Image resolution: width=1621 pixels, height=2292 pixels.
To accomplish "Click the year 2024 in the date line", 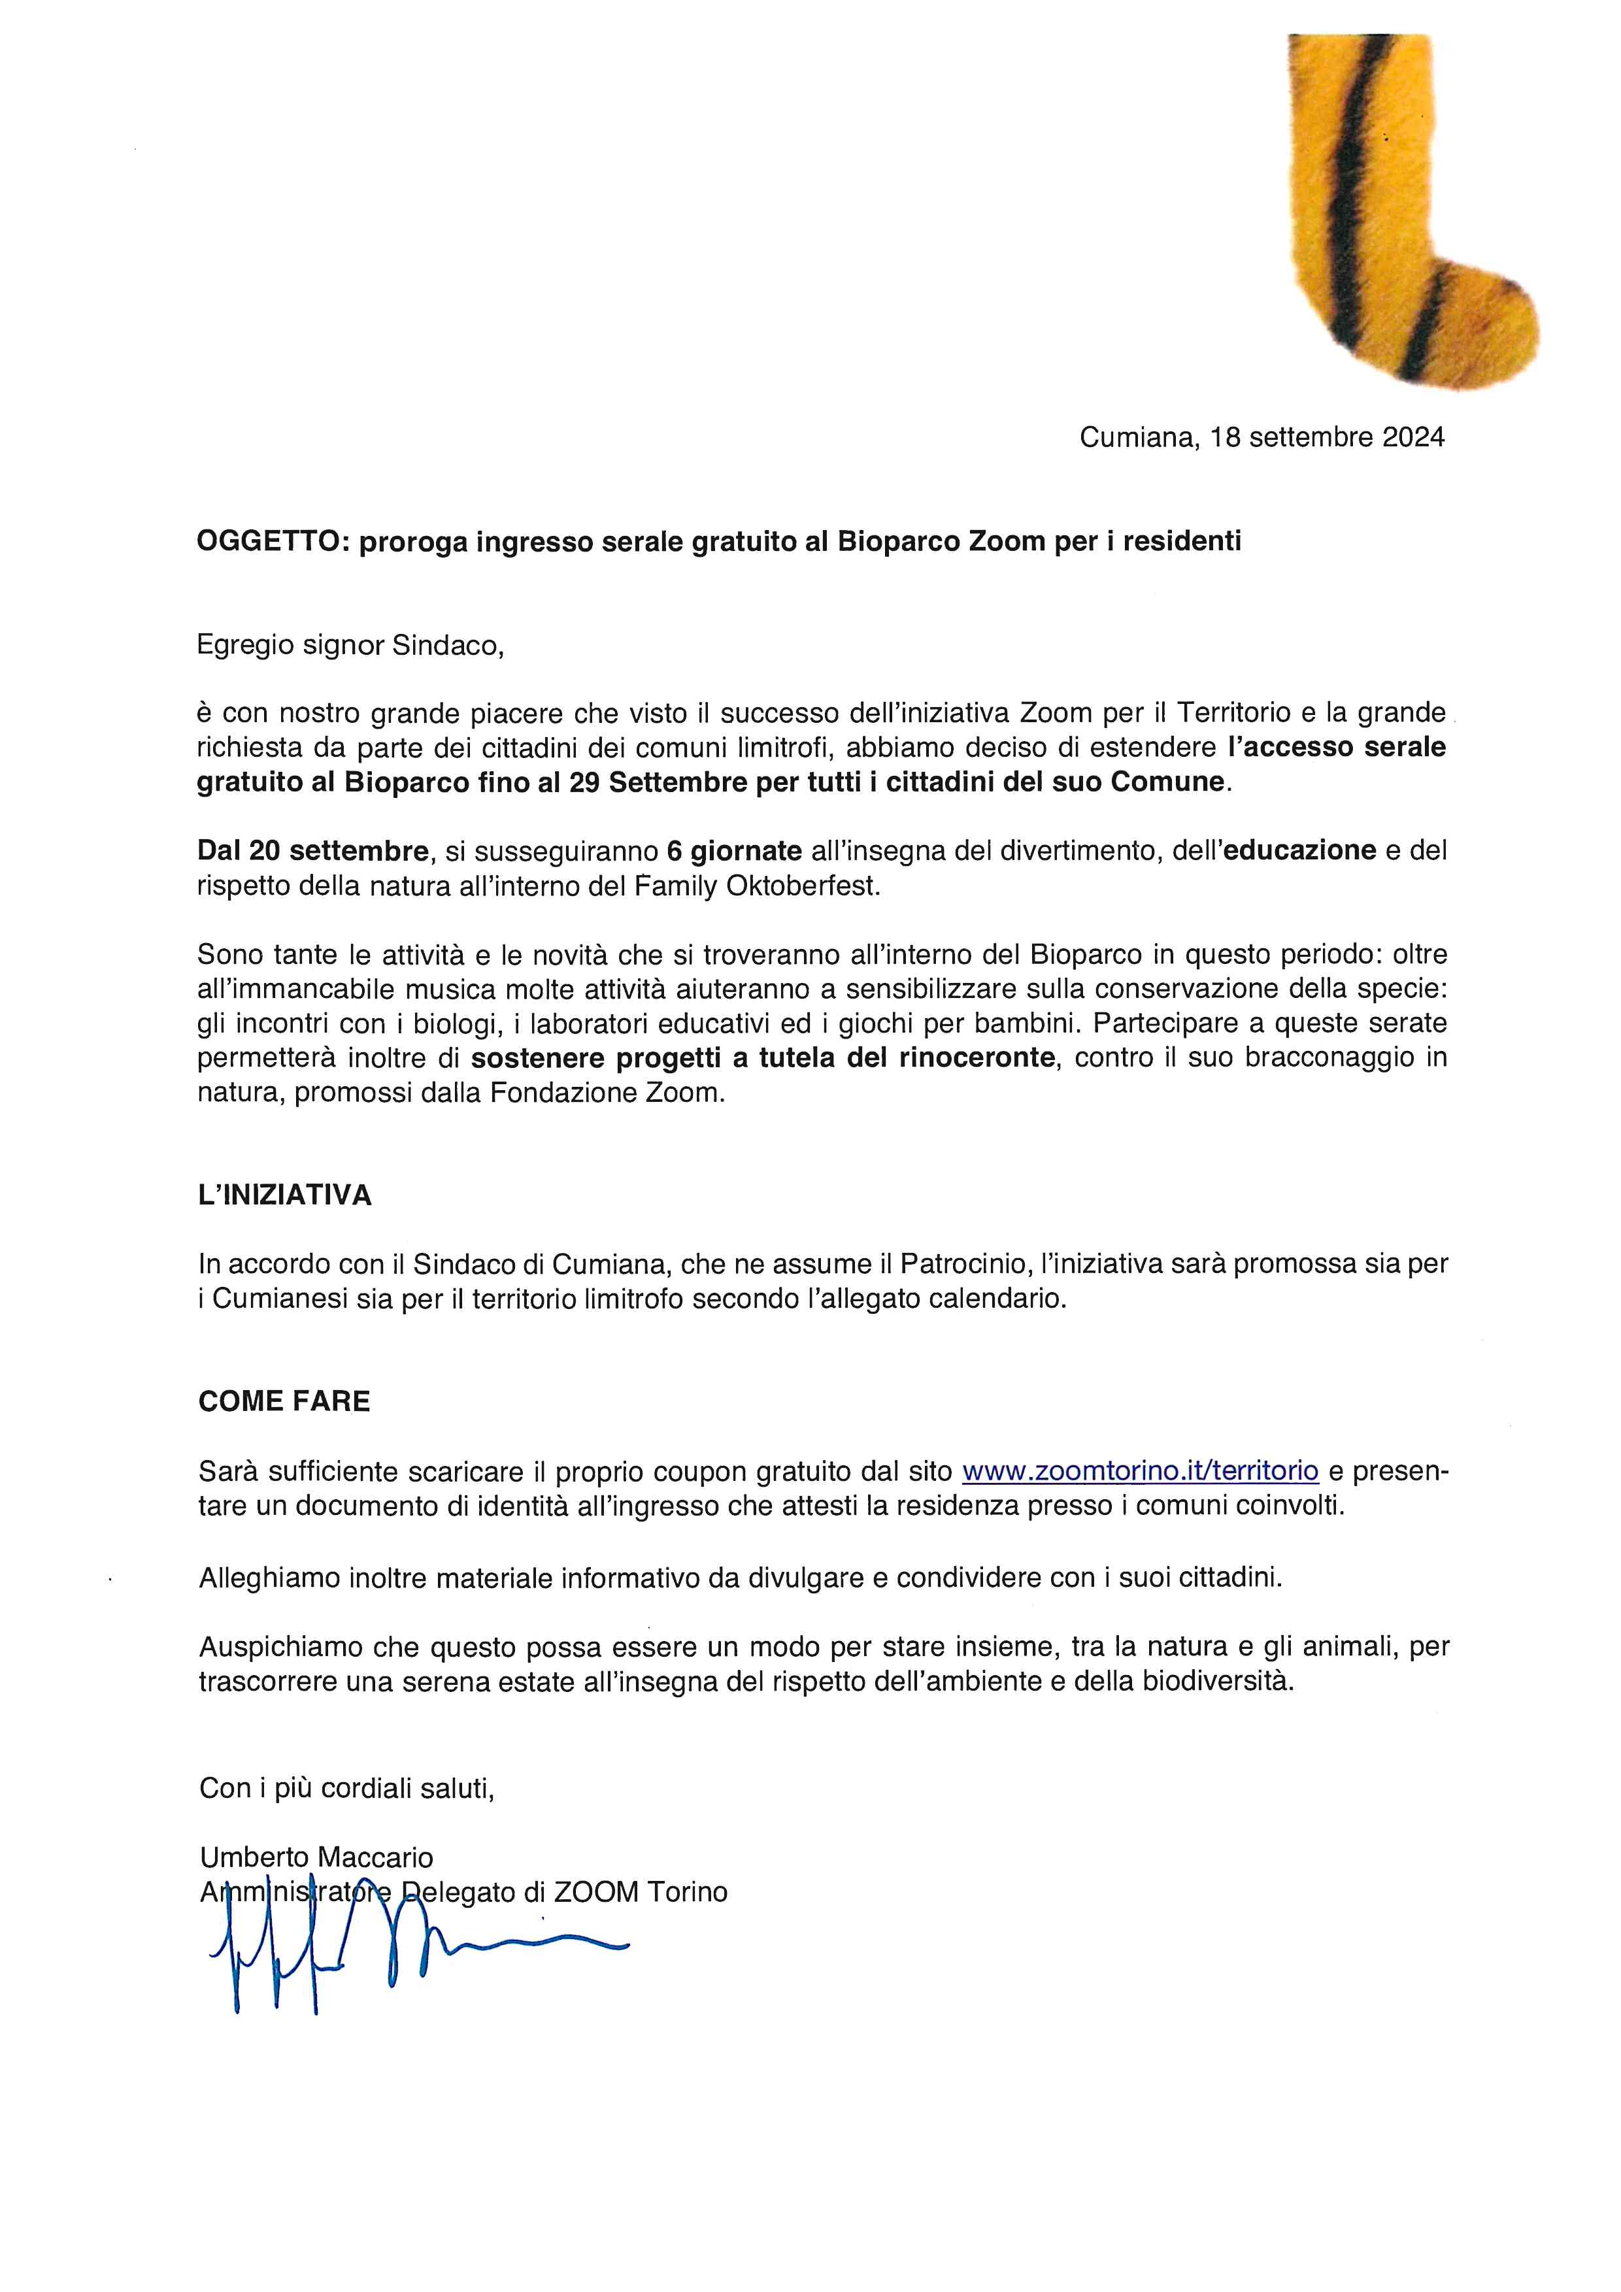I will click(1412, 437).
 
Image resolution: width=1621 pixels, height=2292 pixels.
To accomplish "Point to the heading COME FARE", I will click(284, 1402).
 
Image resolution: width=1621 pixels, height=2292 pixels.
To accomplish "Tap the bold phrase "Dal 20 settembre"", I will click(312, 850).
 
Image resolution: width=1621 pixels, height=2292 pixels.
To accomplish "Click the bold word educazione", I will click(1295, 850).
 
